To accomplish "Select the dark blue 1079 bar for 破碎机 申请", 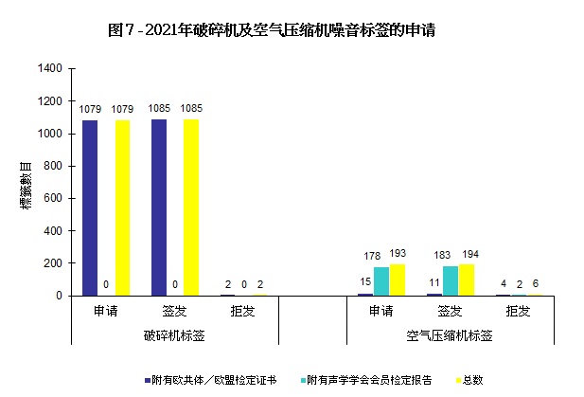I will [x=89, y=208].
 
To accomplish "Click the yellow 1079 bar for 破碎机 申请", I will [x=122, y=208].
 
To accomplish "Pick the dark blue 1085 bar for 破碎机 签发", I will [x=158, y=207].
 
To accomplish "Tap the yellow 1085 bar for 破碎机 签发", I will [x=191, y=207].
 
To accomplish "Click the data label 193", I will [x=398, y=255].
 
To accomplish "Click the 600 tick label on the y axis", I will [x=54, y=198].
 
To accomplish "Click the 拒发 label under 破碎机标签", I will [x=243, y=311].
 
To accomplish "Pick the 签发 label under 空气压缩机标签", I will [x=450, y=311].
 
